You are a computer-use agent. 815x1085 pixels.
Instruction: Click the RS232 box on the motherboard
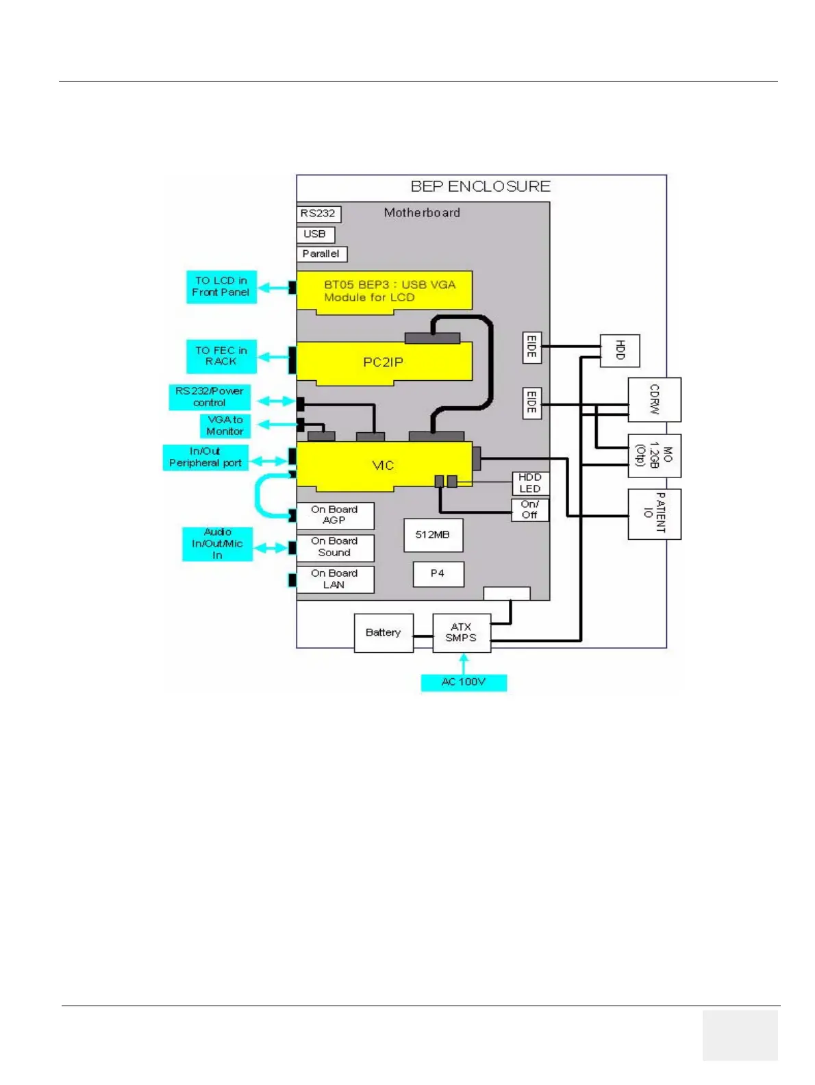pyautogui.click(x=318, y=214)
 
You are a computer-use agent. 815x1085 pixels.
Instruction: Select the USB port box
pyautogui.click(x=315, y=234)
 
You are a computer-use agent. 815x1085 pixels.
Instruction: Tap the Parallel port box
pyautogui.click(x=321, y=254)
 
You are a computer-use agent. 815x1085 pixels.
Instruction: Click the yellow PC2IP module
pyautogui.click(x=384, y=362)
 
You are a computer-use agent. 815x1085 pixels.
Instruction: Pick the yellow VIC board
pyautogui.click(x=384, y=466)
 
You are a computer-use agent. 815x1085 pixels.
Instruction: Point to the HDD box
pyautogui.click(x=620, y=351)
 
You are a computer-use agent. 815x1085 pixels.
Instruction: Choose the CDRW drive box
pyautogui.click(x=654, y=399)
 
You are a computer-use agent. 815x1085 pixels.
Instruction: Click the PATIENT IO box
pyautogui.click(x=654, y=514)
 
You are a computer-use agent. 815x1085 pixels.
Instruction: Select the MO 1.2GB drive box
pyautogui.click(x=654, y=456)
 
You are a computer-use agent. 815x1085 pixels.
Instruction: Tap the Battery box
pyautogui.click(x=384, y=633)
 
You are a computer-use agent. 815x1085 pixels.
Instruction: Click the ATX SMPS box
pyautogui.click(x=462, y=633)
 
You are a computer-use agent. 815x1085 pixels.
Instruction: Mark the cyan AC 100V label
pyautogui.click(x=464, y=682)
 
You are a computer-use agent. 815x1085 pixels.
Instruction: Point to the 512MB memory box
pyautogui.click(x=433, y=535)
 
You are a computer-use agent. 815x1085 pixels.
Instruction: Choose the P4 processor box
pyautogui.click(x=438, y=574)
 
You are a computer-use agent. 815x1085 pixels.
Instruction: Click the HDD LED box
pyautogui.click(x=530, y=484)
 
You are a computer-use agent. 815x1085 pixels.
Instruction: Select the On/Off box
pyautogui.click(x=530, y=510)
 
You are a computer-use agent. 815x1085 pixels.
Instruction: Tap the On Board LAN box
pyautogui.click(x=335, y=579)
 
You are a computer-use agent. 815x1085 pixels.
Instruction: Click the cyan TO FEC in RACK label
pyautogui.click(x=221, y=356)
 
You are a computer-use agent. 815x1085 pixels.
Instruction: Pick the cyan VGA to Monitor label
pyautogui.click(x=225, y=426)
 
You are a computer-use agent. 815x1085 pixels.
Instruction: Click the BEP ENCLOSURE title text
pyautogui.click(x=480, y=186)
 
